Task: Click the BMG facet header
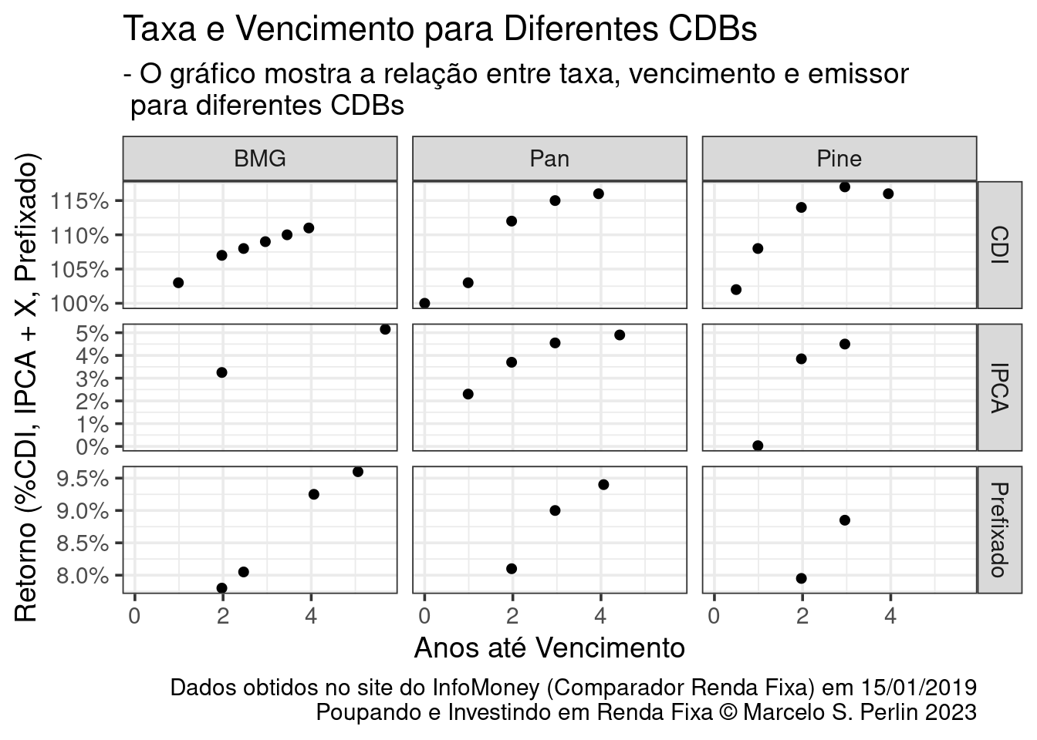tap(259, 159)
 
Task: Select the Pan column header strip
tap(549, 159)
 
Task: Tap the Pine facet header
tap(839, 159)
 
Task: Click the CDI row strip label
tap(1000, 244)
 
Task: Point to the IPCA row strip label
tap(1000, 387)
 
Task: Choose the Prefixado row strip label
tap(1000, 530)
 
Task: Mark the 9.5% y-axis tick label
tap(82, 479)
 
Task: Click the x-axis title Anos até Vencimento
tap(549, 648)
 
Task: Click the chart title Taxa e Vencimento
tap(440, 29)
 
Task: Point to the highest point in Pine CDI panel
tap(844, 187)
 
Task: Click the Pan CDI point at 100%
tap(424, 303)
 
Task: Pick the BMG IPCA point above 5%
tap(385, 329)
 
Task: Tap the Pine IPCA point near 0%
tap(758, 446)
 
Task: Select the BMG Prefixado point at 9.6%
tap(357, 472)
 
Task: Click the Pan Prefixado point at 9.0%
tap(555, 510)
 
